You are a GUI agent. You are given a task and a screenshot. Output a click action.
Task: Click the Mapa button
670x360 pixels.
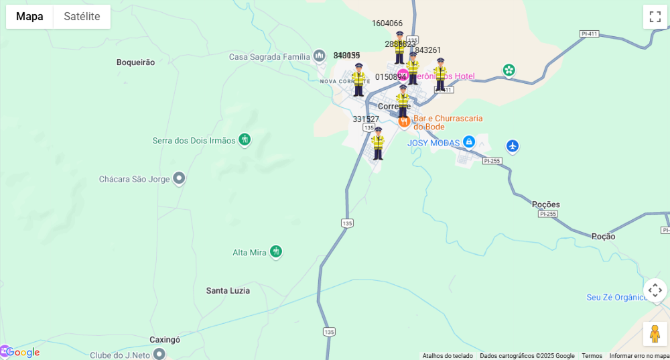coord(29,17)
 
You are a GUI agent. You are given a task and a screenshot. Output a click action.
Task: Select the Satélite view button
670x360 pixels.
coord(82,17)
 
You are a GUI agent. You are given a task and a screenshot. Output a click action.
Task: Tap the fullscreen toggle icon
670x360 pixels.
coord(655,17)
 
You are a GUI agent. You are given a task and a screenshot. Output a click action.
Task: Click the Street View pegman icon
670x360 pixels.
coord(655,333)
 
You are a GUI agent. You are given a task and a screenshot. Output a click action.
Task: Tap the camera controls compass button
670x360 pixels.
coord(655,290)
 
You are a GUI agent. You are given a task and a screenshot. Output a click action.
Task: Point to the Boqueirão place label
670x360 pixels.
coord(135,62)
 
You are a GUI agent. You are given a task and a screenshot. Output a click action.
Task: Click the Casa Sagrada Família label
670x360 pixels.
coord(269,57)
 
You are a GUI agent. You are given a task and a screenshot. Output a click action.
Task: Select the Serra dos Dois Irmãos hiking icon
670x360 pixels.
coord(245,139)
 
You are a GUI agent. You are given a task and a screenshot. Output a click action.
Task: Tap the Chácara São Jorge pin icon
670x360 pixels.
coord(179,178)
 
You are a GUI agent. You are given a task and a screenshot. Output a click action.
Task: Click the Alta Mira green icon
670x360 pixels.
coord(275,251)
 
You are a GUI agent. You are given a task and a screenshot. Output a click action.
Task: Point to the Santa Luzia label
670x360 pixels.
coord(228,290)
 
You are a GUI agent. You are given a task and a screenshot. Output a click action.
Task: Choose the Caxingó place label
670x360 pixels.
coord(165,340)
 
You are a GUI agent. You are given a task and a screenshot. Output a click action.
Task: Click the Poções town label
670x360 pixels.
coord(545,204)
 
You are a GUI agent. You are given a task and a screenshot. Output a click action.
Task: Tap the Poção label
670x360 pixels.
coord(603,236)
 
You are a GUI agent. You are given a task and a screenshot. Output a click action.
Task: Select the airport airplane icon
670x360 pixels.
coord(513,145)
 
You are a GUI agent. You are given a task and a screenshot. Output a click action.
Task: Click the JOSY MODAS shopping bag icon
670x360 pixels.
coord(469,142)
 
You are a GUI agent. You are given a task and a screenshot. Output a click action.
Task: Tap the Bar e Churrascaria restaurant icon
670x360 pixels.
coord(404,121)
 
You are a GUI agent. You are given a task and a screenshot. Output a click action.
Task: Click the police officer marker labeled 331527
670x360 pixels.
coord(378,143)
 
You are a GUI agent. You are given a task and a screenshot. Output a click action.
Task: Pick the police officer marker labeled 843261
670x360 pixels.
coord(440,74)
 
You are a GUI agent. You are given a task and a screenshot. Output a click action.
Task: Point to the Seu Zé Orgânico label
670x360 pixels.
coord(616,298)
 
